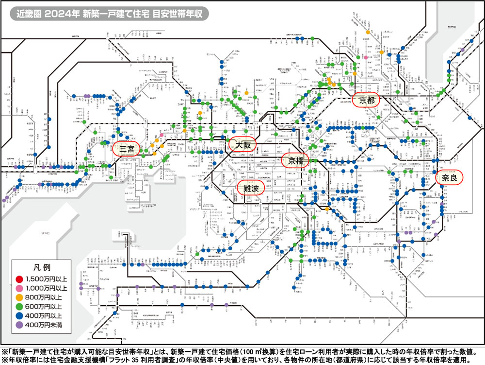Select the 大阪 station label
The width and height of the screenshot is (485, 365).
[242, 145]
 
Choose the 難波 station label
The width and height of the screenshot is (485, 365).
[250, 188]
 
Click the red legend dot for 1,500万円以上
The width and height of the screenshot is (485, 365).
[19, 279]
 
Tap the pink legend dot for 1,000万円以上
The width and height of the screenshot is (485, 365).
[19, 288]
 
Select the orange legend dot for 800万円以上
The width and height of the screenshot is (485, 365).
[19, 297]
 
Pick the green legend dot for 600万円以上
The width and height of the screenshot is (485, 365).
[19, 307]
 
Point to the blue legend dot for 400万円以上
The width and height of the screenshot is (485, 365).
[19, 316]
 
